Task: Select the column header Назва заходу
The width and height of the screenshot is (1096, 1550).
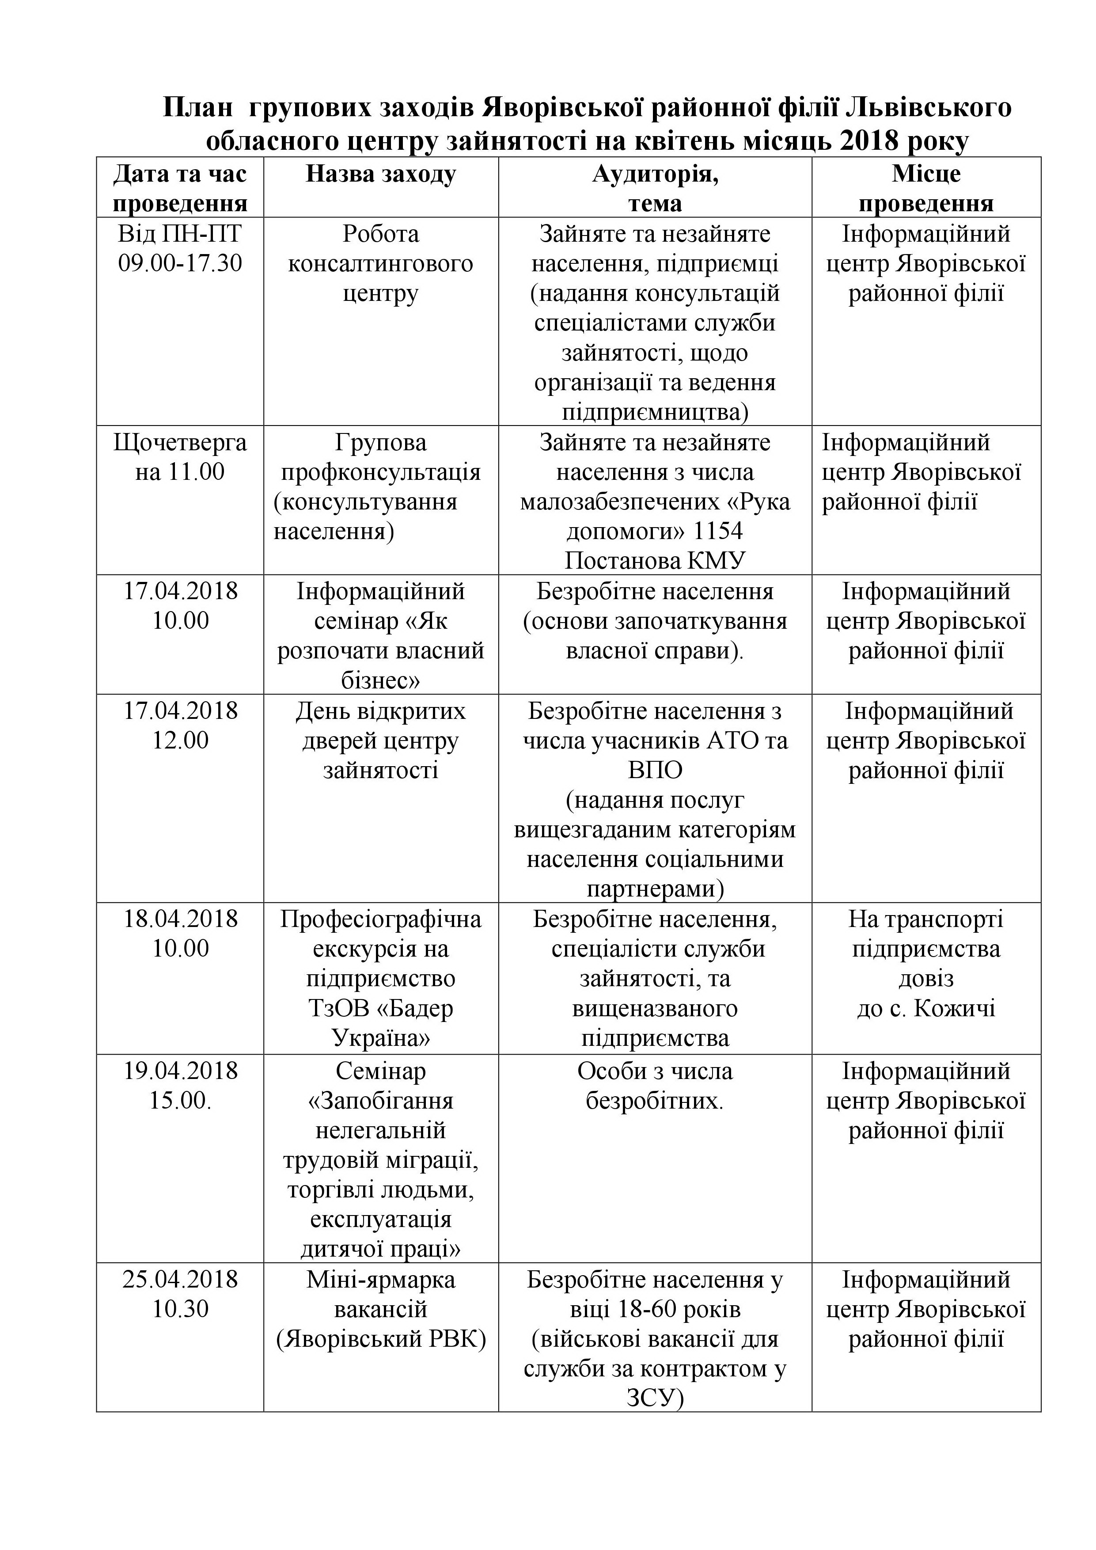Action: [381, 174]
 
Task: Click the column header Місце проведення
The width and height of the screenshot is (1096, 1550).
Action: [926, 188]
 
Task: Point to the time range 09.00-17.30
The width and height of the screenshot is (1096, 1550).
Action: [180, 262]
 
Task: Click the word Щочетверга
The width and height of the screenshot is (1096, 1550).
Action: [180, 442]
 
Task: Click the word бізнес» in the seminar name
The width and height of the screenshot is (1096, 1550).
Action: [381, 680]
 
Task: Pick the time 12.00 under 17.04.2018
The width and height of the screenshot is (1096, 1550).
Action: [180, 741]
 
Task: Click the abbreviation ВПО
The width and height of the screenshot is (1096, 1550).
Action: [655, 770]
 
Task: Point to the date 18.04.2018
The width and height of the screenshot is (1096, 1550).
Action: [180, 919]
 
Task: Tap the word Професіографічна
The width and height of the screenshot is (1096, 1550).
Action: [381, 919]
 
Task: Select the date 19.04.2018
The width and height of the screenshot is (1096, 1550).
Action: [180, 1071]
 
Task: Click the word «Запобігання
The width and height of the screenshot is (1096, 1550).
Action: [381, 1100]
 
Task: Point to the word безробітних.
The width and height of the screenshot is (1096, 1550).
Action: [655, 1100]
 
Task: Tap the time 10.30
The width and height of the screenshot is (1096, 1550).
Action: [180, 1309]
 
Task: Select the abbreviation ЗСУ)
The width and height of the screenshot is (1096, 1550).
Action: [655, 1398]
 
